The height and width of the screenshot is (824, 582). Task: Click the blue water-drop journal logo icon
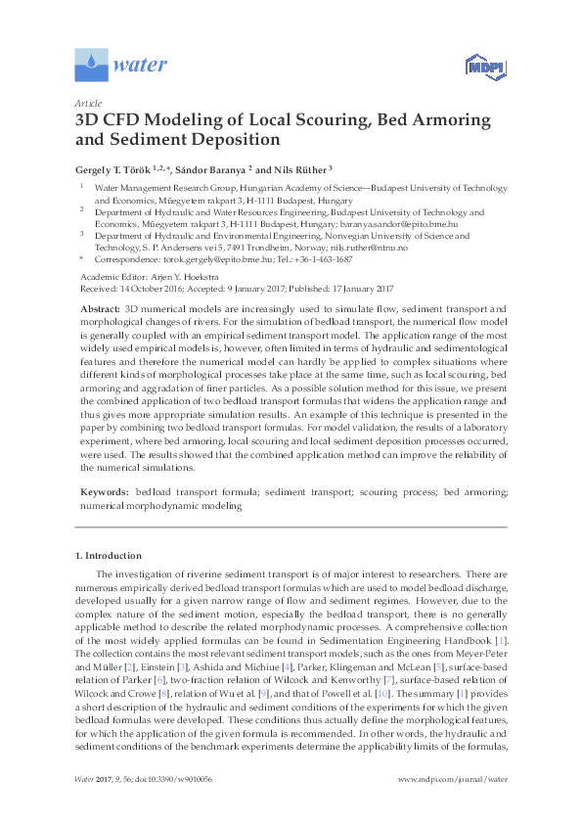pos(92,66)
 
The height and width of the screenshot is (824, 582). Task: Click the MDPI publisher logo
pos(476,67)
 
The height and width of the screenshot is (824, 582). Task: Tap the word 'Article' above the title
pos(87,103)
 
